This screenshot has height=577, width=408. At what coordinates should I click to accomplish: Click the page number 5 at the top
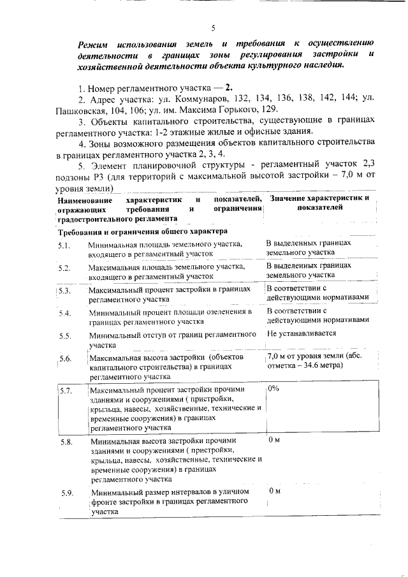214,27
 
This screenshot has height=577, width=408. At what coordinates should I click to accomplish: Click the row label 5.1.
64,245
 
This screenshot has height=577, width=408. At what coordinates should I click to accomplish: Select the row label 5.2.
64,268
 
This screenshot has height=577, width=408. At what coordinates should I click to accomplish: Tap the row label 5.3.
64,290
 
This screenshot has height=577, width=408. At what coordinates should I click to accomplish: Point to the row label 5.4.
64,313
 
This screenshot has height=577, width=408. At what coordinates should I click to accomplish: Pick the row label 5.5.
64,335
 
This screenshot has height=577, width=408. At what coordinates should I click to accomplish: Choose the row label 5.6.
64,359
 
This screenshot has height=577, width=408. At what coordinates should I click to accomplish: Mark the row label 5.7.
66,390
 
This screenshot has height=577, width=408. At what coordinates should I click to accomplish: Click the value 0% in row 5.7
273,388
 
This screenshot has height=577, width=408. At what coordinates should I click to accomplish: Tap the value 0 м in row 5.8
275,440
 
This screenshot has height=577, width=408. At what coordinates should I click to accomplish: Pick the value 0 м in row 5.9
275,491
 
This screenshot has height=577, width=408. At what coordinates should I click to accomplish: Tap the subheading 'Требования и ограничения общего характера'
139,231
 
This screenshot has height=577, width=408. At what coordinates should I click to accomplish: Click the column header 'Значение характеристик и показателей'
319,203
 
